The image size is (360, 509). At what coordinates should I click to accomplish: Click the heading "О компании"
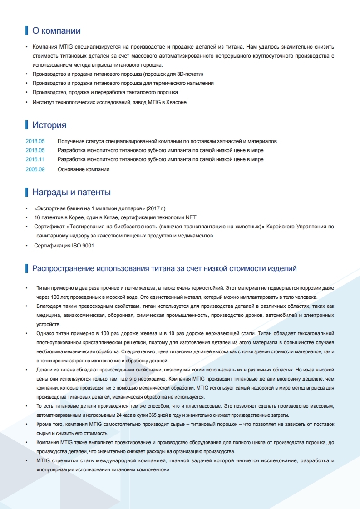[56, 31]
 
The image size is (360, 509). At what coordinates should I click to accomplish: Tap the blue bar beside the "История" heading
[27, 125]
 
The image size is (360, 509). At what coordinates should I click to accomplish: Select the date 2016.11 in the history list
[35, 160]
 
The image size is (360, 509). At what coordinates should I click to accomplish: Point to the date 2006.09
[35, 169]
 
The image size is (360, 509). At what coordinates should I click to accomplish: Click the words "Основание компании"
[84, 169]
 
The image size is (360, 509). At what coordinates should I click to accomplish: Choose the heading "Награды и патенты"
[71, 193]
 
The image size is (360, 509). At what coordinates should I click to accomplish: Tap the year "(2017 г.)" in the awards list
[156, 208]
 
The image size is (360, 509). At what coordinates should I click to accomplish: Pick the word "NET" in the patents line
[191, 217]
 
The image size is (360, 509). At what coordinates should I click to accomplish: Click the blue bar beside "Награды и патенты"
[27, 193]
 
